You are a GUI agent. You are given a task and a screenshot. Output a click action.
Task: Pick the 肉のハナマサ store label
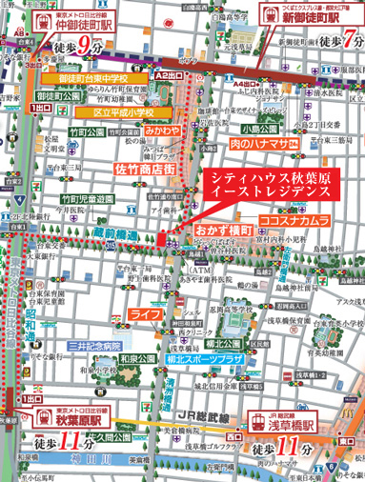coord(260,145)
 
